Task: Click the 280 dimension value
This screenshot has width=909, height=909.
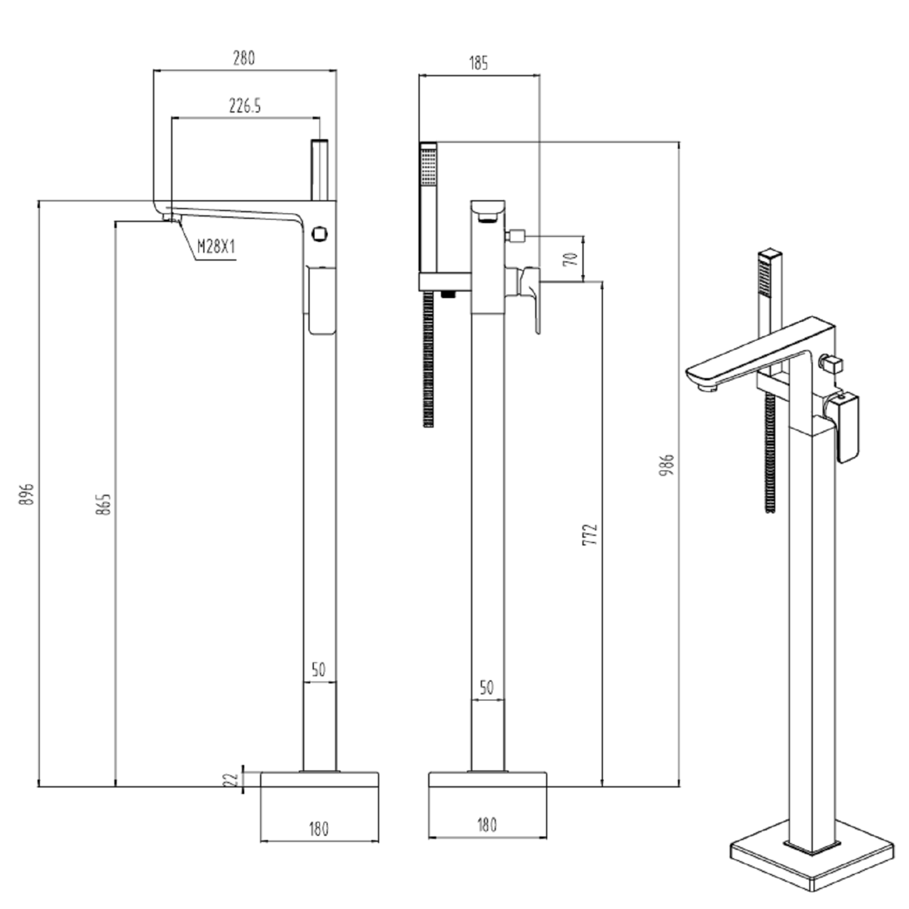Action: pos(244,58)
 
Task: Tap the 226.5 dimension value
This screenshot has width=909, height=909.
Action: pos(245,106)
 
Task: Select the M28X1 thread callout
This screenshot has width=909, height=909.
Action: pos(216,247)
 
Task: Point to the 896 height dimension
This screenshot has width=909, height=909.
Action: pos(26,494)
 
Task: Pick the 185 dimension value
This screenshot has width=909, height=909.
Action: pos(478,63)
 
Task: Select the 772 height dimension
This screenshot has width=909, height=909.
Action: pos(590,534)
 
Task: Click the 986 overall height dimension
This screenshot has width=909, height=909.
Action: pos(667,464)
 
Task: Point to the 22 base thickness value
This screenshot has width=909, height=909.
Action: pos(230,780)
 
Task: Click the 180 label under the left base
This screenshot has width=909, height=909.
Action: pos(319,828)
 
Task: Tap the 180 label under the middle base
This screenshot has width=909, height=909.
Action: pos(487,825)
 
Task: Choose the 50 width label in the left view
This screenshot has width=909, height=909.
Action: pos(319,670)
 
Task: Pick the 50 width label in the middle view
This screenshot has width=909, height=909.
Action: pos(487,688)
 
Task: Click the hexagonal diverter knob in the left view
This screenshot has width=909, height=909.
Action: pos(319,233)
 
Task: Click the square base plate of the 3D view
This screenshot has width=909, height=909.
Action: pos(812,861)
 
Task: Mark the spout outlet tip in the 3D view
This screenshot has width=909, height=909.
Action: pos(705,386)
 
